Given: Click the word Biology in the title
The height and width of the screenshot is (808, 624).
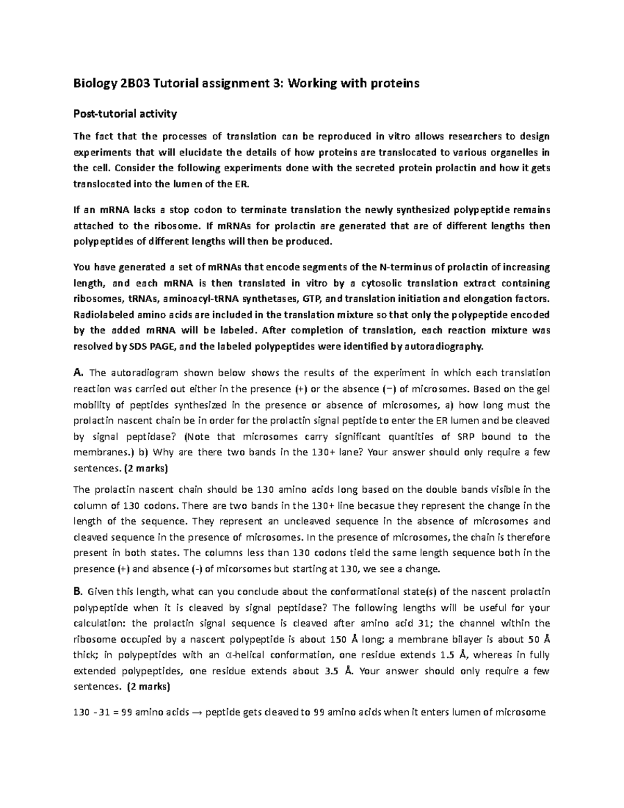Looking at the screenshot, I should tap(93, 84).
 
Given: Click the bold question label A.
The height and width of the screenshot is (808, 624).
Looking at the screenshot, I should tap(78, 373).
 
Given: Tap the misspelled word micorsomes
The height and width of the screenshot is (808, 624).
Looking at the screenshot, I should tap(245, 569).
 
